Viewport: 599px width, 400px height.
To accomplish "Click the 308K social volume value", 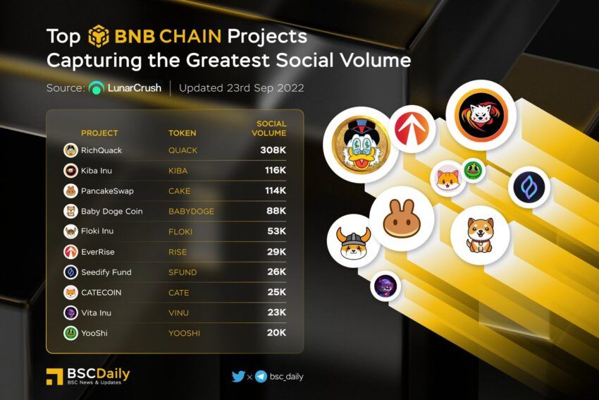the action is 273,150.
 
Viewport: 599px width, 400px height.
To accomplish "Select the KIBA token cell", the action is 178,171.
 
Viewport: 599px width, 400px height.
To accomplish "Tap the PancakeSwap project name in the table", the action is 107,190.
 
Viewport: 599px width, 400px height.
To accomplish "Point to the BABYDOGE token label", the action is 192,211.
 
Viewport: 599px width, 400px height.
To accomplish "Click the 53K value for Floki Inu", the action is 276,231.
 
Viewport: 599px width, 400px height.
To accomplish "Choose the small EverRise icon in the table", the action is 70,252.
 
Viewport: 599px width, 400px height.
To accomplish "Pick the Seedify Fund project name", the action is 106,272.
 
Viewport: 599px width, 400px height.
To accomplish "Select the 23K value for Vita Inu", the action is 276,313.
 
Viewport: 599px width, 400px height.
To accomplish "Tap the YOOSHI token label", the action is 184,333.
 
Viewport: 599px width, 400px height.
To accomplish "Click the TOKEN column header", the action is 183,133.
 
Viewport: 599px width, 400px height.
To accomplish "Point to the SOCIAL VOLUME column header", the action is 269,128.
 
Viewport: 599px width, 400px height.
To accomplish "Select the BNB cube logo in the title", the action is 99,36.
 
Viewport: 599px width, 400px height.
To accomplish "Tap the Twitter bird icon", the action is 238,376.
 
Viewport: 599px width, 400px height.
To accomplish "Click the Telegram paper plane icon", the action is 261,377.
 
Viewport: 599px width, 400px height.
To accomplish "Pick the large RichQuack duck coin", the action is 361,145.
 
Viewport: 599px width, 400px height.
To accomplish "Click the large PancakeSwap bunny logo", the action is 402,219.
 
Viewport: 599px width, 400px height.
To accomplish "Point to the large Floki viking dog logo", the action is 353,241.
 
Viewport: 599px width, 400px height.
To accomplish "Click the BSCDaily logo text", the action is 98,374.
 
